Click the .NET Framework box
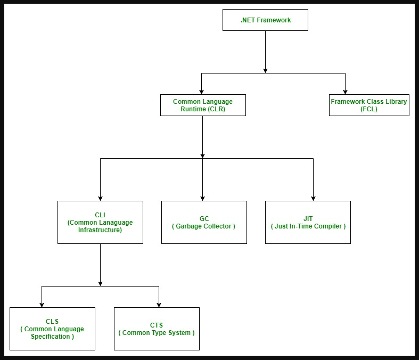265,20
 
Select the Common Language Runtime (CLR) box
203,105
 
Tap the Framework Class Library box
369,105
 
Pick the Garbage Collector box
204,223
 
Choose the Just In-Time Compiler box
308,223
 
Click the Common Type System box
157,329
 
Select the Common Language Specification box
52,329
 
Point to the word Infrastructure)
100,230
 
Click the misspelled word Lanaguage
116,223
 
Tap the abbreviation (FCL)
369,109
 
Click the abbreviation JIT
308,219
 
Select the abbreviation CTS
157,325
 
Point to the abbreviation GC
204,219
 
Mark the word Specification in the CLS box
50,337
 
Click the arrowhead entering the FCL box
345,92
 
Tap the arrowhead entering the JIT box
313,199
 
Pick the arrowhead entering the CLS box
42,305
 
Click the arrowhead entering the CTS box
159,305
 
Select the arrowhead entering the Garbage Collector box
202,199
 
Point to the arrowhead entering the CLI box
100,199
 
